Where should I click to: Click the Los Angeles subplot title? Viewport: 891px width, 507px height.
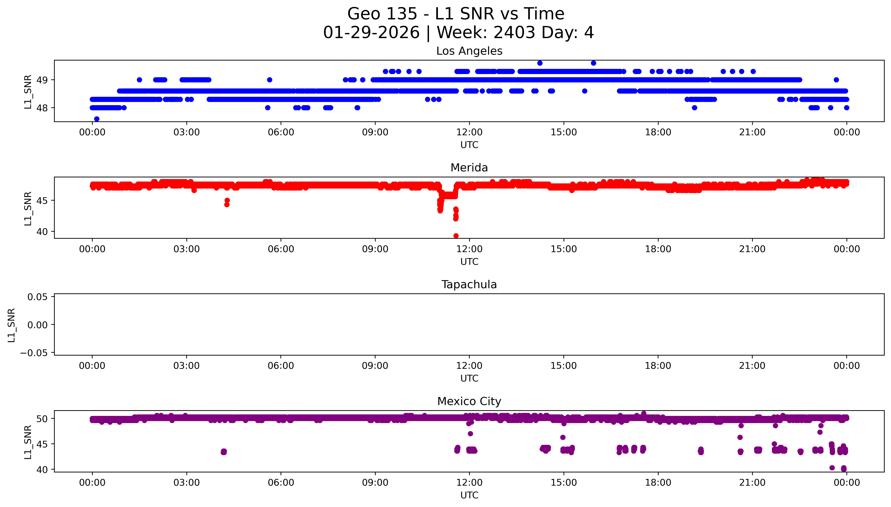click(469, 51)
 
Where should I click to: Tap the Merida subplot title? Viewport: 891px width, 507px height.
click(469, 168)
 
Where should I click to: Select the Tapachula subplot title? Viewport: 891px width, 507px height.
click(469, 285)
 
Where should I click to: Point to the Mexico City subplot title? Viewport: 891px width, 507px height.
click(469, 402)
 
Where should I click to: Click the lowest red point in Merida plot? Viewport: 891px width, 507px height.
click(456, 236)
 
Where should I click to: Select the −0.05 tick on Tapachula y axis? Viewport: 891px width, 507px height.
click(34, 353)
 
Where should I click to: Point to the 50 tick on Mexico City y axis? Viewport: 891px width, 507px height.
click(42, 419)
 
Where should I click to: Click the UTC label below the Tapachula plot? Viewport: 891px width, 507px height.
click(469, 378)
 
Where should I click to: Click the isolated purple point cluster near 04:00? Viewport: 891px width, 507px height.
click(224, 452)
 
